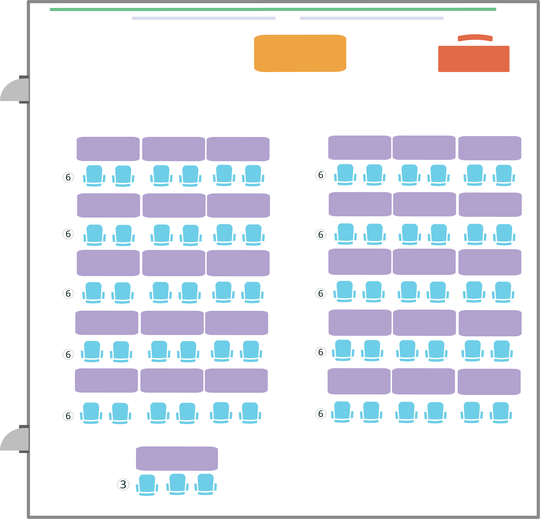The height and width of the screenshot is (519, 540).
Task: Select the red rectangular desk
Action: click(474, 59)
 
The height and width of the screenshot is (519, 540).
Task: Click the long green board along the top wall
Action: click(273, 9)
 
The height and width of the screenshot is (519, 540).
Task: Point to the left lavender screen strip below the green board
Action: click(204, 18)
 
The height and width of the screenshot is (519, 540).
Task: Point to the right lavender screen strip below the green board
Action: click(372, 18)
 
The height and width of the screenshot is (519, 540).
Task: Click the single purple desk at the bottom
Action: click(177, 458)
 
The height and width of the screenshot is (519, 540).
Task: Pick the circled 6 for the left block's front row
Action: click(68, 177)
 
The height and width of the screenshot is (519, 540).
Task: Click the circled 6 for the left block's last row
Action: click(68, 416)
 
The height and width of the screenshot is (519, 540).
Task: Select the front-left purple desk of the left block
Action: click(108, 149)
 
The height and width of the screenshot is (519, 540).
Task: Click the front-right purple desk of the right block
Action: click(489, 148)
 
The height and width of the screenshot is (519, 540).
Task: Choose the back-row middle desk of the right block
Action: click(423, 381)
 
